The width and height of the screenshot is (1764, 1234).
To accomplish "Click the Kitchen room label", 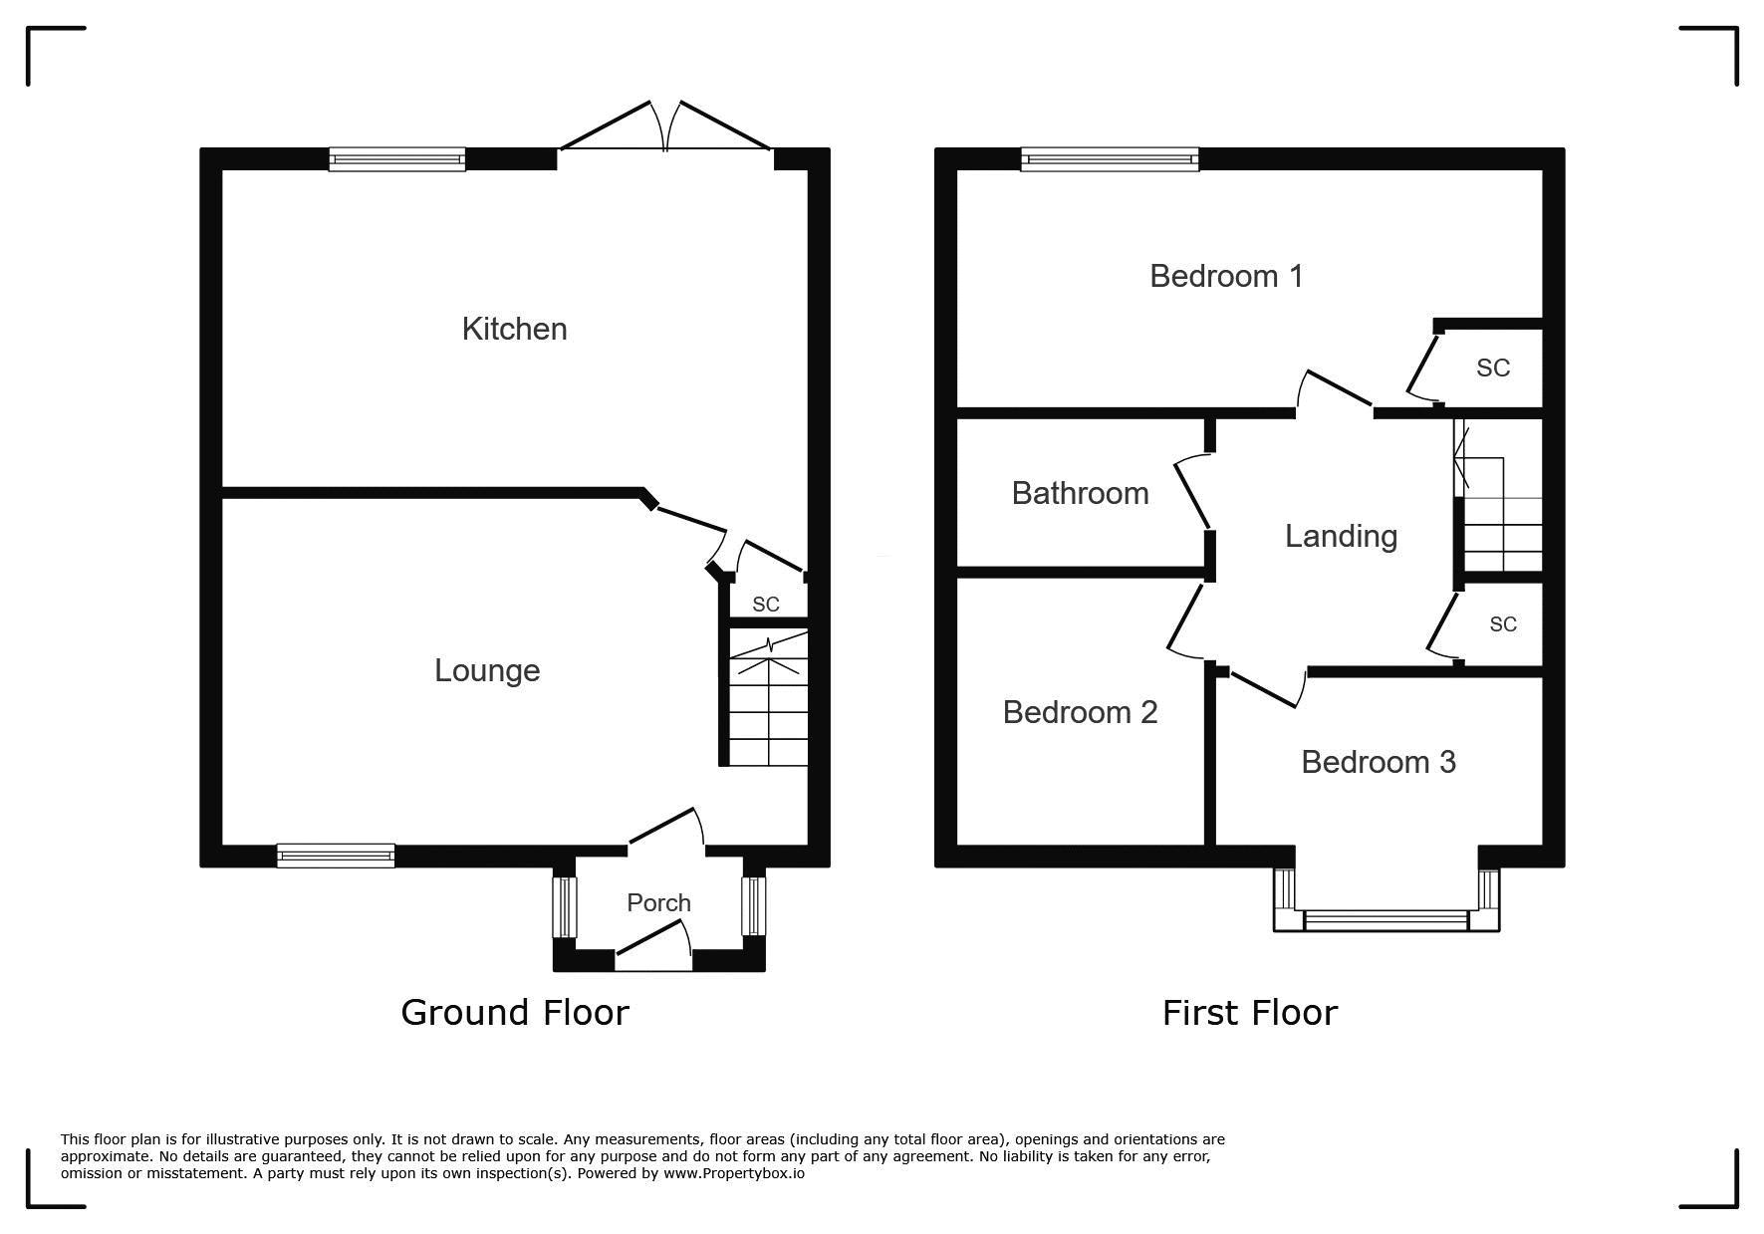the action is pos(514,329).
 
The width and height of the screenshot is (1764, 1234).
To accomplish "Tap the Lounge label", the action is pos(487,671).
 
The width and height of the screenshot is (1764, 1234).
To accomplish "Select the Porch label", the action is pos(658,902).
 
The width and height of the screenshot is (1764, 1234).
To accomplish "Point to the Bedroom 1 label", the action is pos(1226,276).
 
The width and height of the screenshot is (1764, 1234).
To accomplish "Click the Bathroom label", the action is pos(1080,493).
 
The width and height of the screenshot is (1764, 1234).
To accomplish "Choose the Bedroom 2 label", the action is pos(1080,712).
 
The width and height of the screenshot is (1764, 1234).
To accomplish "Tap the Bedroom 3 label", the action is pos(1379,762).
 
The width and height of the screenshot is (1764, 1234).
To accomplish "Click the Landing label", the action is pos(1341,537).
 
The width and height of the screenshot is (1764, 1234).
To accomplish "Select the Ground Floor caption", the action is pos(515,1012).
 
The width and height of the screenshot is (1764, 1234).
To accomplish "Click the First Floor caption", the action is pos(1249,1013).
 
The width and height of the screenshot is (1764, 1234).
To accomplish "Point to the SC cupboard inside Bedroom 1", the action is pos(1493,369).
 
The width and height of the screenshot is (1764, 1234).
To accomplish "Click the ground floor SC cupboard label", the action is pos(766,605).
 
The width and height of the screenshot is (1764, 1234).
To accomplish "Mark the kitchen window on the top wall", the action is pos(397,159).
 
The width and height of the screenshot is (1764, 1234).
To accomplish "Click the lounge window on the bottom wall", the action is pos(336,856).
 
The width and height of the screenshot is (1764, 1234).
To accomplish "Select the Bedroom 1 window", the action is pos(1110,159).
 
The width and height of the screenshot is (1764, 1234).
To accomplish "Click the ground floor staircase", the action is pos(768,697).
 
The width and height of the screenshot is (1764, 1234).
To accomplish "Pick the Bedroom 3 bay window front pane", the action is pos(1386,920).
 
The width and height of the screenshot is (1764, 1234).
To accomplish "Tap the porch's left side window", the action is pos(565,906).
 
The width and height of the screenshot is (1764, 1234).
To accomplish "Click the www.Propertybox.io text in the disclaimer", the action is pos(734,1173).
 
